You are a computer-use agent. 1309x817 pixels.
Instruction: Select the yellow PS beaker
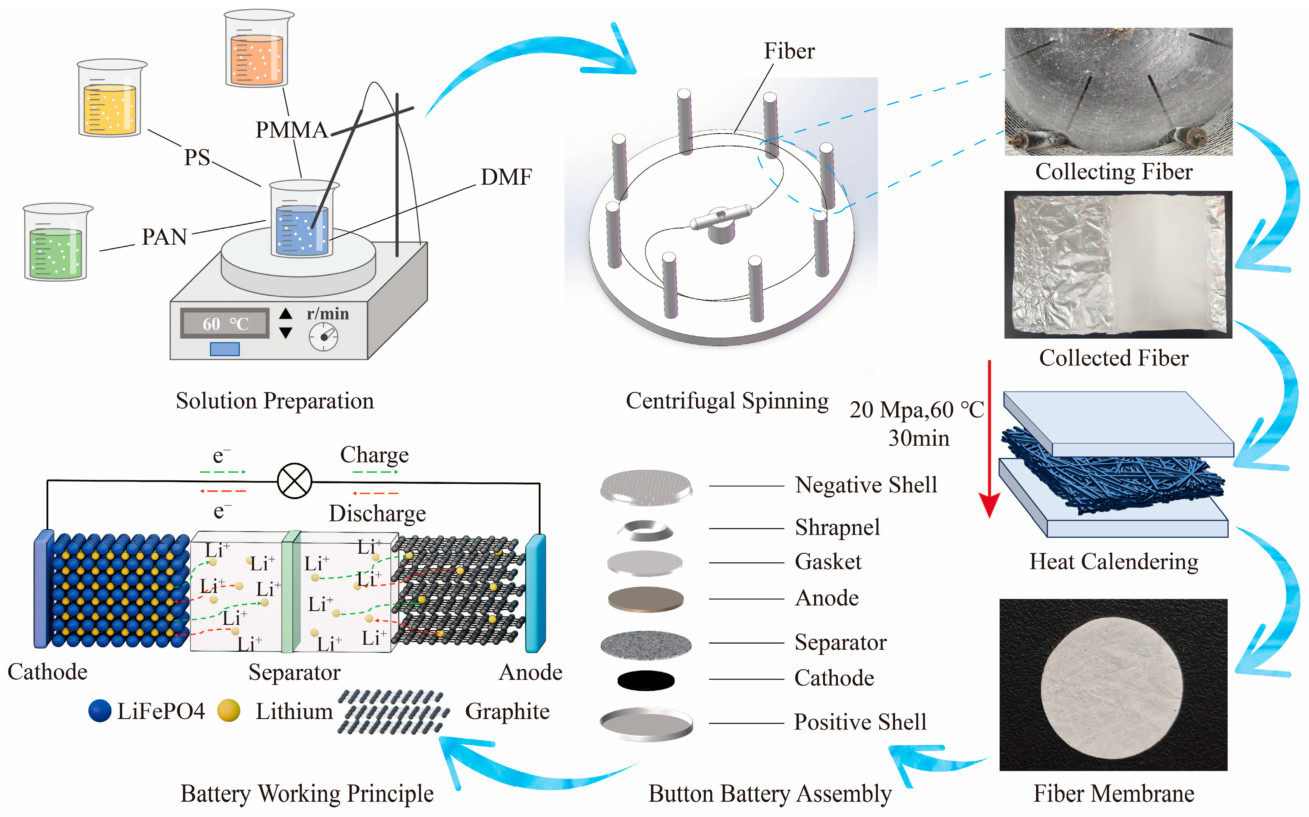coord(110,103)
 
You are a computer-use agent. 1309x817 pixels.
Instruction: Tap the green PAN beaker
coord(56,246)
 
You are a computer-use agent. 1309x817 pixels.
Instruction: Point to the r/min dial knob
coord(323,337)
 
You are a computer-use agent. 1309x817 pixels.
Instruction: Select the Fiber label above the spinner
coord(788,51)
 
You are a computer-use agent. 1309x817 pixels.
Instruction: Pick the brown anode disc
coord(645,599)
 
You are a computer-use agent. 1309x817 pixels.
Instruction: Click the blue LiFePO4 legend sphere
coord(100,711)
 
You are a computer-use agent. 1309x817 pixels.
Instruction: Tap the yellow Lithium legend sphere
coord(228,711)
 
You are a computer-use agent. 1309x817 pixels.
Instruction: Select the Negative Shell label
coord(865,485)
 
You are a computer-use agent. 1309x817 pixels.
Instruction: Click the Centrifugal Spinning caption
coord(727,401)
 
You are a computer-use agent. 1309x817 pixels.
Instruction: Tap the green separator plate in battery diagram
coord(290,591)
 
